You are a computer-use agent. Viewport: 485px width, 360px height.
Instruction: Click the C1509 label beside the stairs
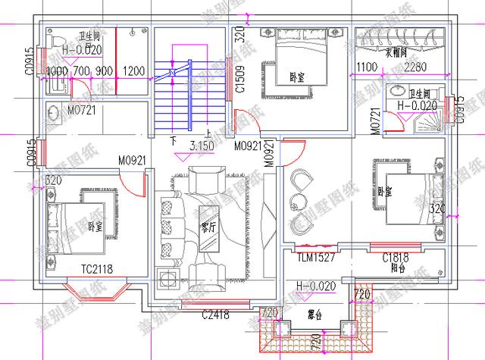(x=239, y=77)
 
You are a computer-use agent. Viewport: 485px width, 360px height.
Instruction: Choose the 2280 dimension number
(x=416, y=68)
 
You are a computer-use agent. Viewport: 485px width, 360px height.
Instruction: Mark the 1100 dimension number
(x=366, y=68)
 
